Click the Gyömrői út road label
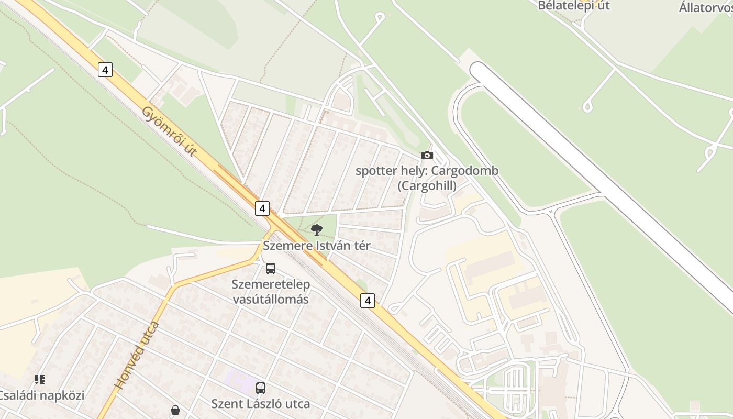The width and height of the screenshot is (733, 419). point(170,132)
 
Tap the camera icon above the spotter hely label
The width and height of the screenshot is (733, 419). point(427,155)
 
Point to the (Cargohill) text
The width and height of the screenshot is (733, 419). point(427,185)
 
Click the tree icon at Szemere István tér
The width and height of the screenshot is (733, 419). point(316,229)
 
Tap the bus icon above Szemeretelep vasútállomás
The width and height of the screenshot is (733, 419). point(271,269)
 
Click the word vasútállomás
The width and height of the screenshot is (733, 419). point(271,300)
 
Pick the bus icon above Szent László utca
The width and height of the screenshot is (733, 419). point(261,388)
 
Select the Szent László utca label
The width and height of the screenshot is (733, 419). point(260,404)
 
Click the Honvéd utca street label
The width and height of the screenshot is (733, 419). point(136,356)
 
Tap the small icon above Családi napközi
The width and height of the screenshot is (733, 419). point(40,379)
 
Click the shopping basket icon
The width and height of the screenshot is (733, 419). point(175,410)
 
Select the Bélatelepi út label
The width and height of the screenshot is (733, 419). point(574,6)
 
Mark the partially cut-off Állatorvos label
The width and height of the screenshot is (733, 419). point(705,8)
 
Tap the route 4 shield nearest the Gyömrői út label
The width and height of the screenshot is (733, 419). point(105,70)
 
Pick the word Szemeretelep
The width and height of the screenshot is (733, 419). point(271,284)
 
